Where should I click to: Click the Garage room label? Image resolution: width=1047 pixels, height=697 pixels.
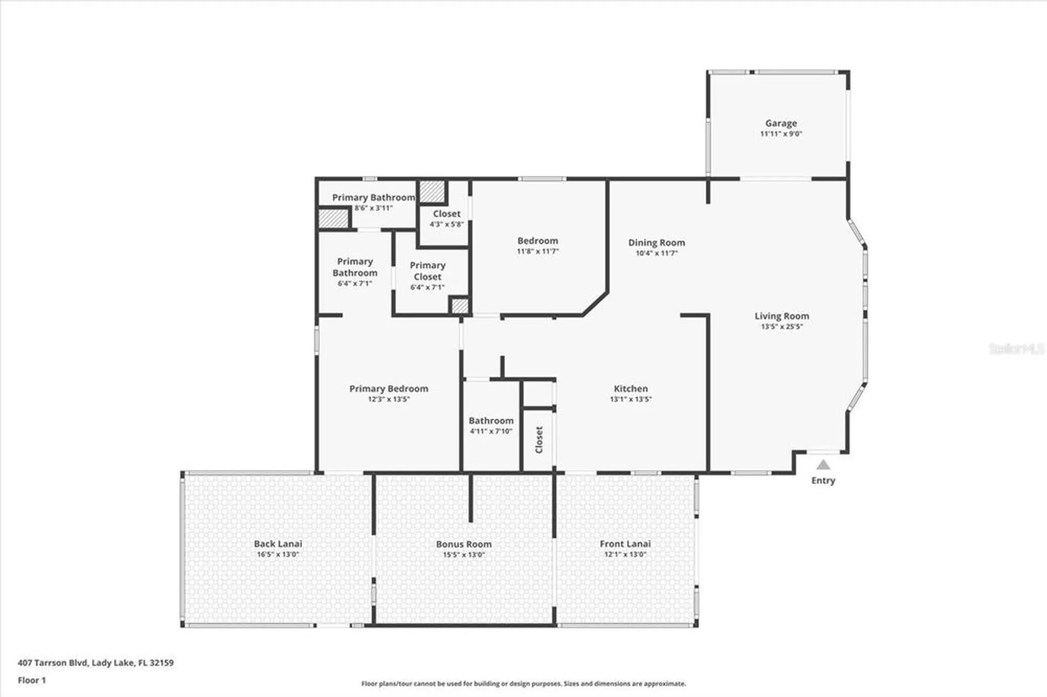point(781,123)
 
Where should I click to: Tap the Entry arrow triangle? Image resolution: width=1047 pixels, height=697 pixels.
point(823,465)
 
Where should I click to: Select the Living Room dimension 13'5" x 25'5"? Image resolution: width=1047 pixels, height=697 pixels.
point(782,327)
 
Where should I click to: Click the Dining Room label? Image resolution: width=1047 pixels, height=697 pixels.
point(656,243)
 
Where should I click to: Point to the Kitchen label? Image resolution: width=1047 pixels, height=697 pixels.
point(630,389)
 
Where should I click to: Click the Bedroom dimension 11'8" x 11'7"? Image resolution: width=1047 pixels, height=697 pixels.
point(538,251)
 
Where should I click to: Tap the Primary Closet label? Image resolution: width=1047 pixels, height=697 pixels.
point(427,271)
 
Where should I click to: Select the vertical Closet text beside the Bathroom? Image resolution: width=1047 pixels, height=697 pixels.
point(539,440)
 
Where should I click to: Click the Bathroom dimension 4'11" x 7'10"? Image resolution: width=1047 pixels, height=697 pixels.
point(491,431)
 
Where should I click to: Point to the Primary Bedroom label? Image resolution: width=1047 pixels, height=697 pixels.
point(388,389)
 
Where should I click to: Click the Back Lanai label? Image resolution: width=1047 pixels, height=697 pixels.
point(277,544)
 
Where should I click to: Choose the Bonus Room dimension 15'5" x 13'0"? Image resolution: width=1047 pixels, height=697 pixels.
point(464,555)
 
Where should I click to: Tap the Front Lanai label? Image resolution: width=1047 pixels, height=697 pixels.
point(625,544)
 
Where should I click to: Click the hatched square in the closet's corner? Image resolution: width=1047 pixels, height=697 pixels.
point(432,192)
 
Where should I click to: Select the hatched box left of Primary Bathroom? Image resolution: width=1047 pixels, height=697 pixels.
point(333,219)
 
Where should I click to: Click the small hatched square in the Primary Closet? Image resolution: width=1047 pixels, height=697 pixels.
point(460,306)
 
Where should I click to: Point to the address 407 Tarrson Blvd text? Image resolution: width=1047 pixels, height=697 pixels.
point(95,662)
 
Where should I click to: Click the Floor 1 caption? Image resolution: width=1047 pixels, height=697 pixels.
point(31,680)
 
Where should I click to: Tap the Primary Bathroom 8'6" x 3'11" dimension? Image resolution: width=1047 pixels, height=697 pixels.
point(373,208)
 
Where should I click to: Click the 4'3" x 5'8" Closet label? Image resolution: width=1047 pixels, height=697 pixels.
point(447,214)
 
